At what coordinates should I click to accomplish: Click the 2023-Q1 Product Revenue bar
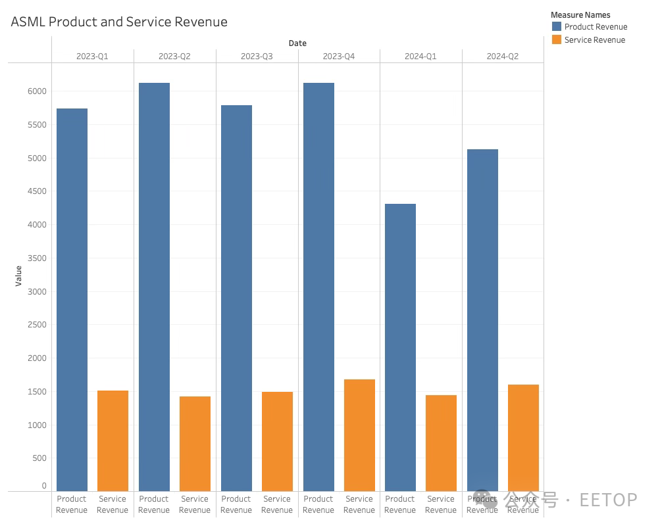pyautogui.click(x=72, y=300)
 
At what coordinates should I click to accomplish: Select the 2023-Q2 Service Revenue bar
pyautogui.click(x=195, y=444)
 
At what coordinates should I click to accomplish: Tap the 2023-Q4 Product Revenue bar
pyautogui.click(x=318, y=287)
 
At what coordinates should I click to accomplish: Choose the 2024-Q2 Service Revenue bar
pyautogui.click(x=523, y=438)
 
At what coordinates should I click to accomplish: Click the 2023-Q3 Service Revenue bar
pyautogui.click(x=277, y=441)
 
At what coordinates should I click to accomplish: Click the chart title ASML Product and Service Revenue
pyautogui.click(x=119, y=22)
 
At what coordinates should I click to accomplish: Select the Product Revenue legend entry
pyautogui.click(x=595, y=27)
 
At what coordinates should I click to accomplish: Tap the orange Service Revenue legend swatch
pyautogui.click(x=557, y=40)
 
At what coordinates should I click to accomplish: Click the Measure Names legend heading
pyautogui.click(x=580, y=14)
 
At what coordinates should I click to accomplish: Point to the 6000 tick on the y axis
pyautogui.click(x=37, y=91)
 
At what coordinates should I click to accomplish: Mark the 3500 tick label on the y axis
pyautogui.click(x=37, y=258)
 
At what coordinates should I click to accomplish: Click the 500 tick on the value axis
pyautogui.click(x=39, y=458)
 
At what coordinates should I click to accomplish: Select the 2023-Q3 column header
pyautogui.click(x=257, y=57)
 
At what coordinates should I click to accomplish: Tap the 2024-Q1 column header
pyautogui.click(x=420, y=57)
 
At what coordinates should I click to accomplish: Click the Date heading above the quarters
pyautogui.click(x=297, y=43)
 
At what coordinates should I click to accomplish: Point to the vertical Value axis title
pyautogui.click(x=18, y=275)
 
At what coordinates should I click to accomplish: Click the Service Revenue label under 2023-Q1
pyautogui.click(x=113, y=504)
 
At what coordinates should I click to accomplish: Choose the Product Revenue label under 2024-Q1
pyautogui.click(x=400, y=504)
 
